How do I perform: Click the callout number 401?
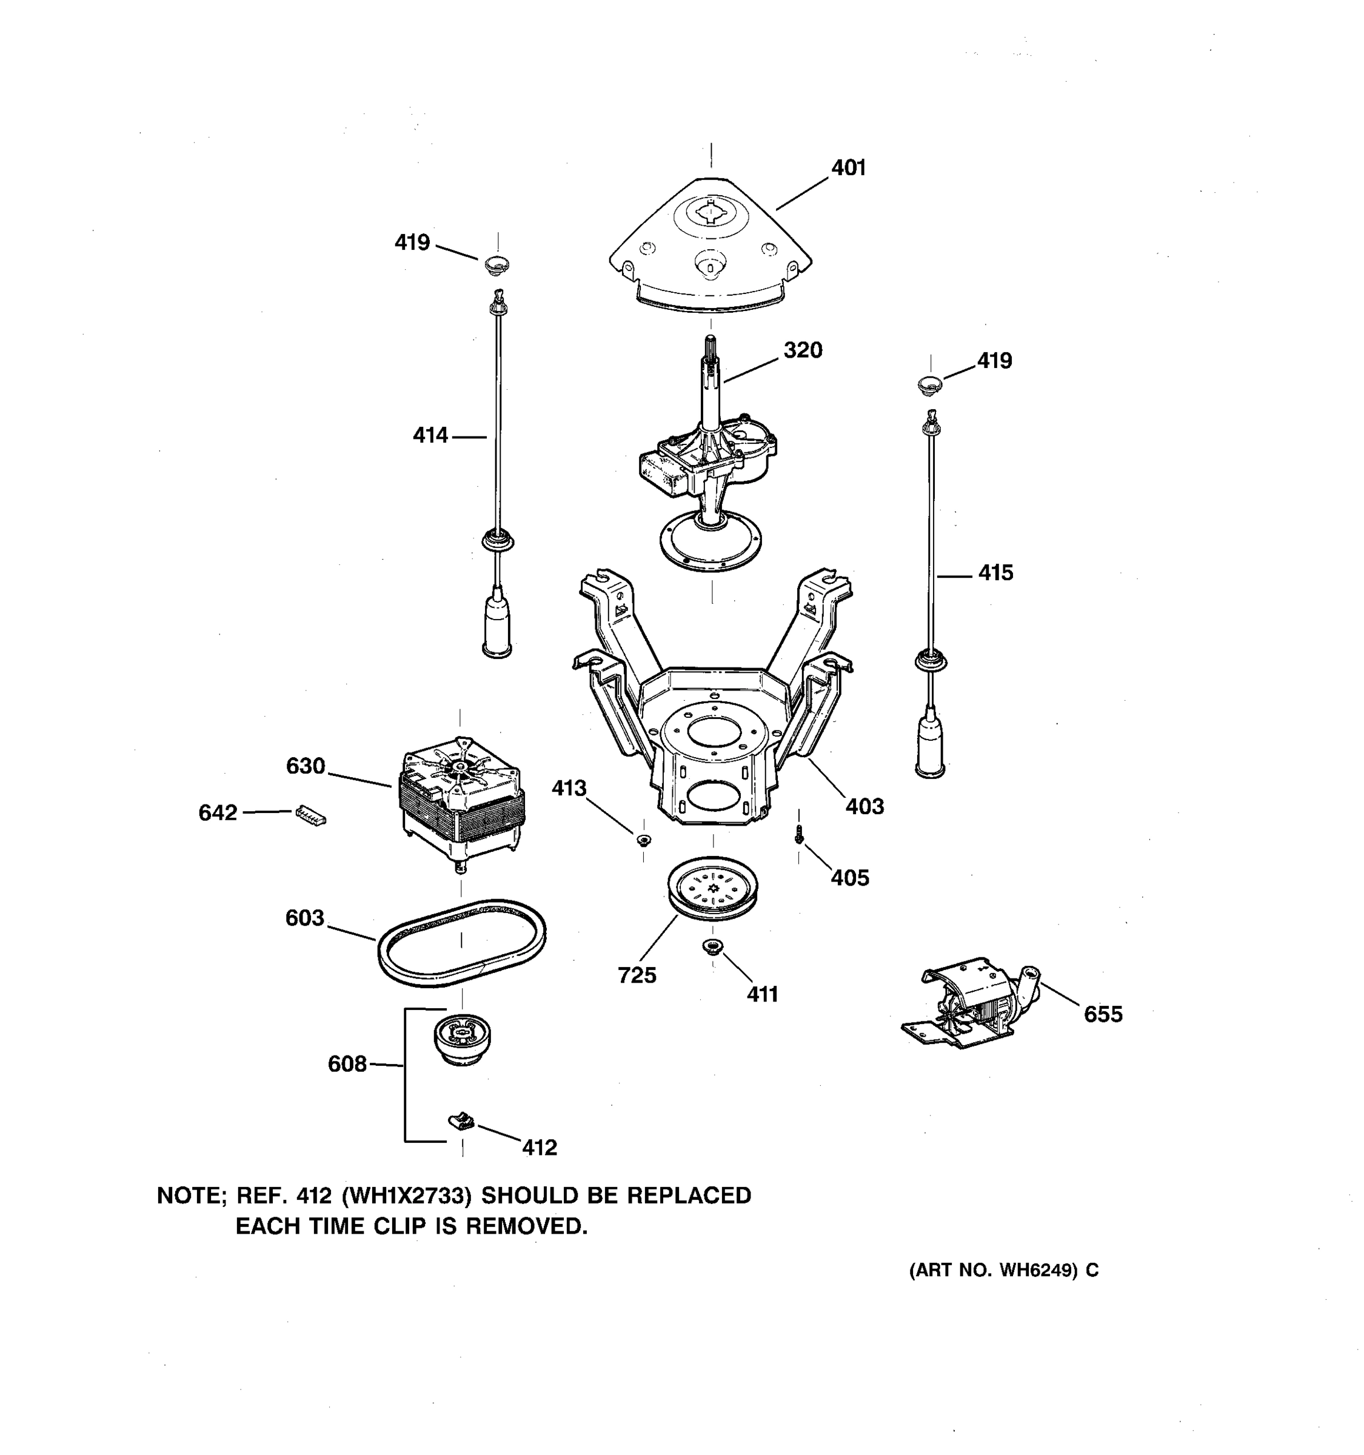pos(848,169)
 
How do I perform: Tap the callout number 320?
pos(803,350)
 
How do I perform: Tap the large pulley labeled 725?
pos(712,887)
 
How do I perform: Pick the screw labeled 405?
pos(799,834)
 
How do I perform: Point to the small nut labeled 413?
pos(643,840)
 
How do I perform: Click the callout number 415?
pos(995,573)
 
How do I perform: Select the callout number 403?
pos(864,806)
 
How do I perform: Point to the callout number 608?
pos(347,1064)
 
